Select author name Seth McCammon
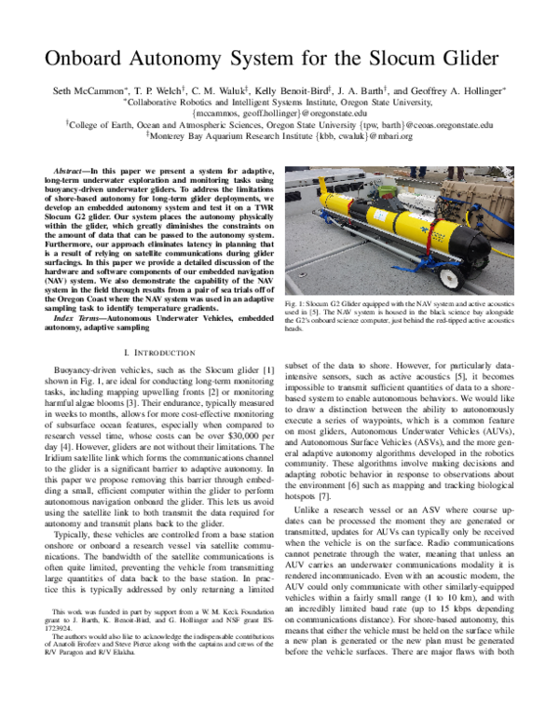(x=89, y=90)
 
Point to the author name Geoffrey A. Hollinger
(x=457, y=90)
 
